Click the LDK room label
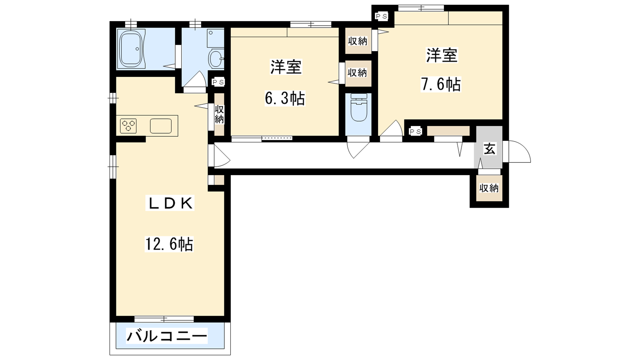tap(170, 203)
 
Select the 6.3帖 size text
tap(285, 98)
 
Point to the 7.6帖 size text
tap(440, 84)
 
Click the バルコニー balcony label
tap(167, 336)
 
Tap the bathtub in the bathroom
tap(131, 49)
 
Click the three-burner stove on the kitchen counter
tap(128, 126)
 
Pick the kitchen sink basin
tap(160, 126)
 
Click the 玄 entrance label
tap(489, 149)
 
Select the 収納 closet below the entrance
tap(489, 188)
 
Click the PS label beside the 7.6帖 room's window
tap(382, 16)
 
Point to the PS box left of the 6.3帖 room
tap(218, 82)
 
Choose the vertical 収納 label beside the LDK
tap(219, 114)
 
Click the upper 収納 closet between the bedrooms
tap(358, 41)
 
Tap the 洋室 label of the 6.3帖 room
tap(286, 68)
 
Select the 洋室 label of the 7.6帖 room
tap(442, 55)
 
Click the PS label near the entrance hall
tap(415, 132)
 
